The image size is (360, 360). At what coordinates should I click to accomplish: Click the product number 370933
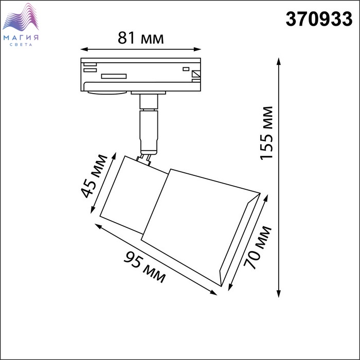tap(319, 19)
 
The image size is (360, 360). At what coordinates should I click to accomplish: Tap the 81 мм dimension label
tap(141, 38)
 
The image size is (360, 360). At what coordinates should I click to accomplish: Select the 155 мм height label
tap(266, 133)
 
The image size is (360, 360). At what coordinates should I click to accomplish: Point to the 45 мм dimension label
tap(94, 176)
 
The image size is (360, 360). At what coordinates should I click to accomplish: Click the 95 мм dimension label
tap(145, 267)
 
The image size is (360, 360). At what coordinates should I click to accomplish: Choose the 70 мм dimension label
tap(258, 247)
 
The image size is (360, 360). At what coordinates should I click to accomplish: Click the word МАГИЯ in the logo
tap(21, 38)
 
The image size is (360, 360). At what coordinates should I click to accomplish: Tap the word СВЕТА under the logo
tap(21, 45)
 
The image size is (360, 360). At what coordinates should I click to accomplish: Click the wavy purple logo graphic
tap(21, 17)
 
